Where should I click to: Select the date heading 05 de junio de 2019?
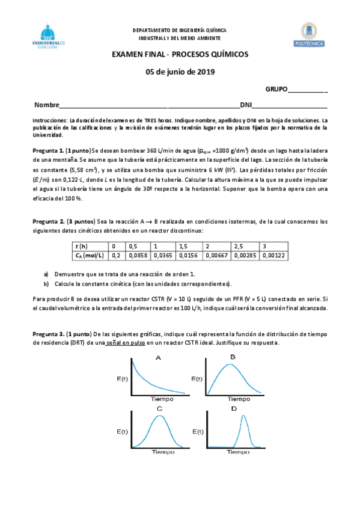coord(180,72)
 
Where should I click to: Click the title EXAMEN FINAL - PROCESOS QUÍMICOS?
coord(180,55)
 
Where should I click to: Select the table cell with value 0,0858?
coord(139,255)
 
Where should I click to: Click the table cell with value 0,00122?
coord(272,255)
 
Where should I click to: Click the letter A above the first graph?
coord(157,358)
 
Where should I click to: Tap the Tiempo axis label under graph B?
coord(238,399)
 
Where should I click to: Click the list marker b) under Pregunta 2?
coord(47,283)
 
